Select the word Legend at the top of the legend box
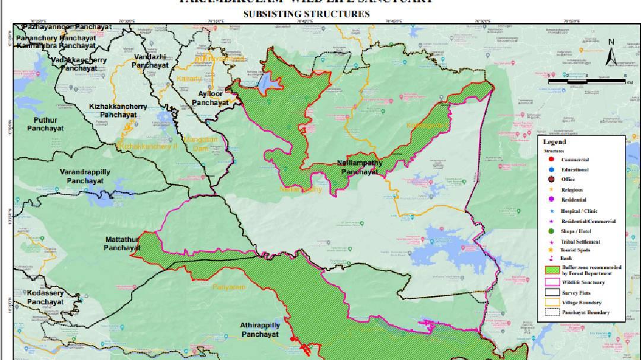pyautogui.click(x=554, y=142)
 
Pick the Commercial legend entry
pyautogui.click(x=574, y=160)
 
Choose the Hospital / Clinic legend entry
pyautogui.click(x=579, y=211)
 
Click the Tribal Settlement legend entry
pyautogui.click(x=580, y=242)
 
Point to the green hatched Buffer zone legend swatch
pyautogui.click(x=551, y=270)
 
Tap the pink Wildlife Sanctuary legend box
pyautogui.click(x=551, y=283)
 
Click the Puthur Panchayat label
pyautogui.click(x=45, y=124)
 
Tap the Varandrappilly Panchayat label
pyautogui.click(x=85, y=176)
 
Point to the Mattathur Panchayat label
pyautogui.click(x=122, y=243)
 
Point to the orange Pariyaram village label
pyautogui.click(x=229, y=287)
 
